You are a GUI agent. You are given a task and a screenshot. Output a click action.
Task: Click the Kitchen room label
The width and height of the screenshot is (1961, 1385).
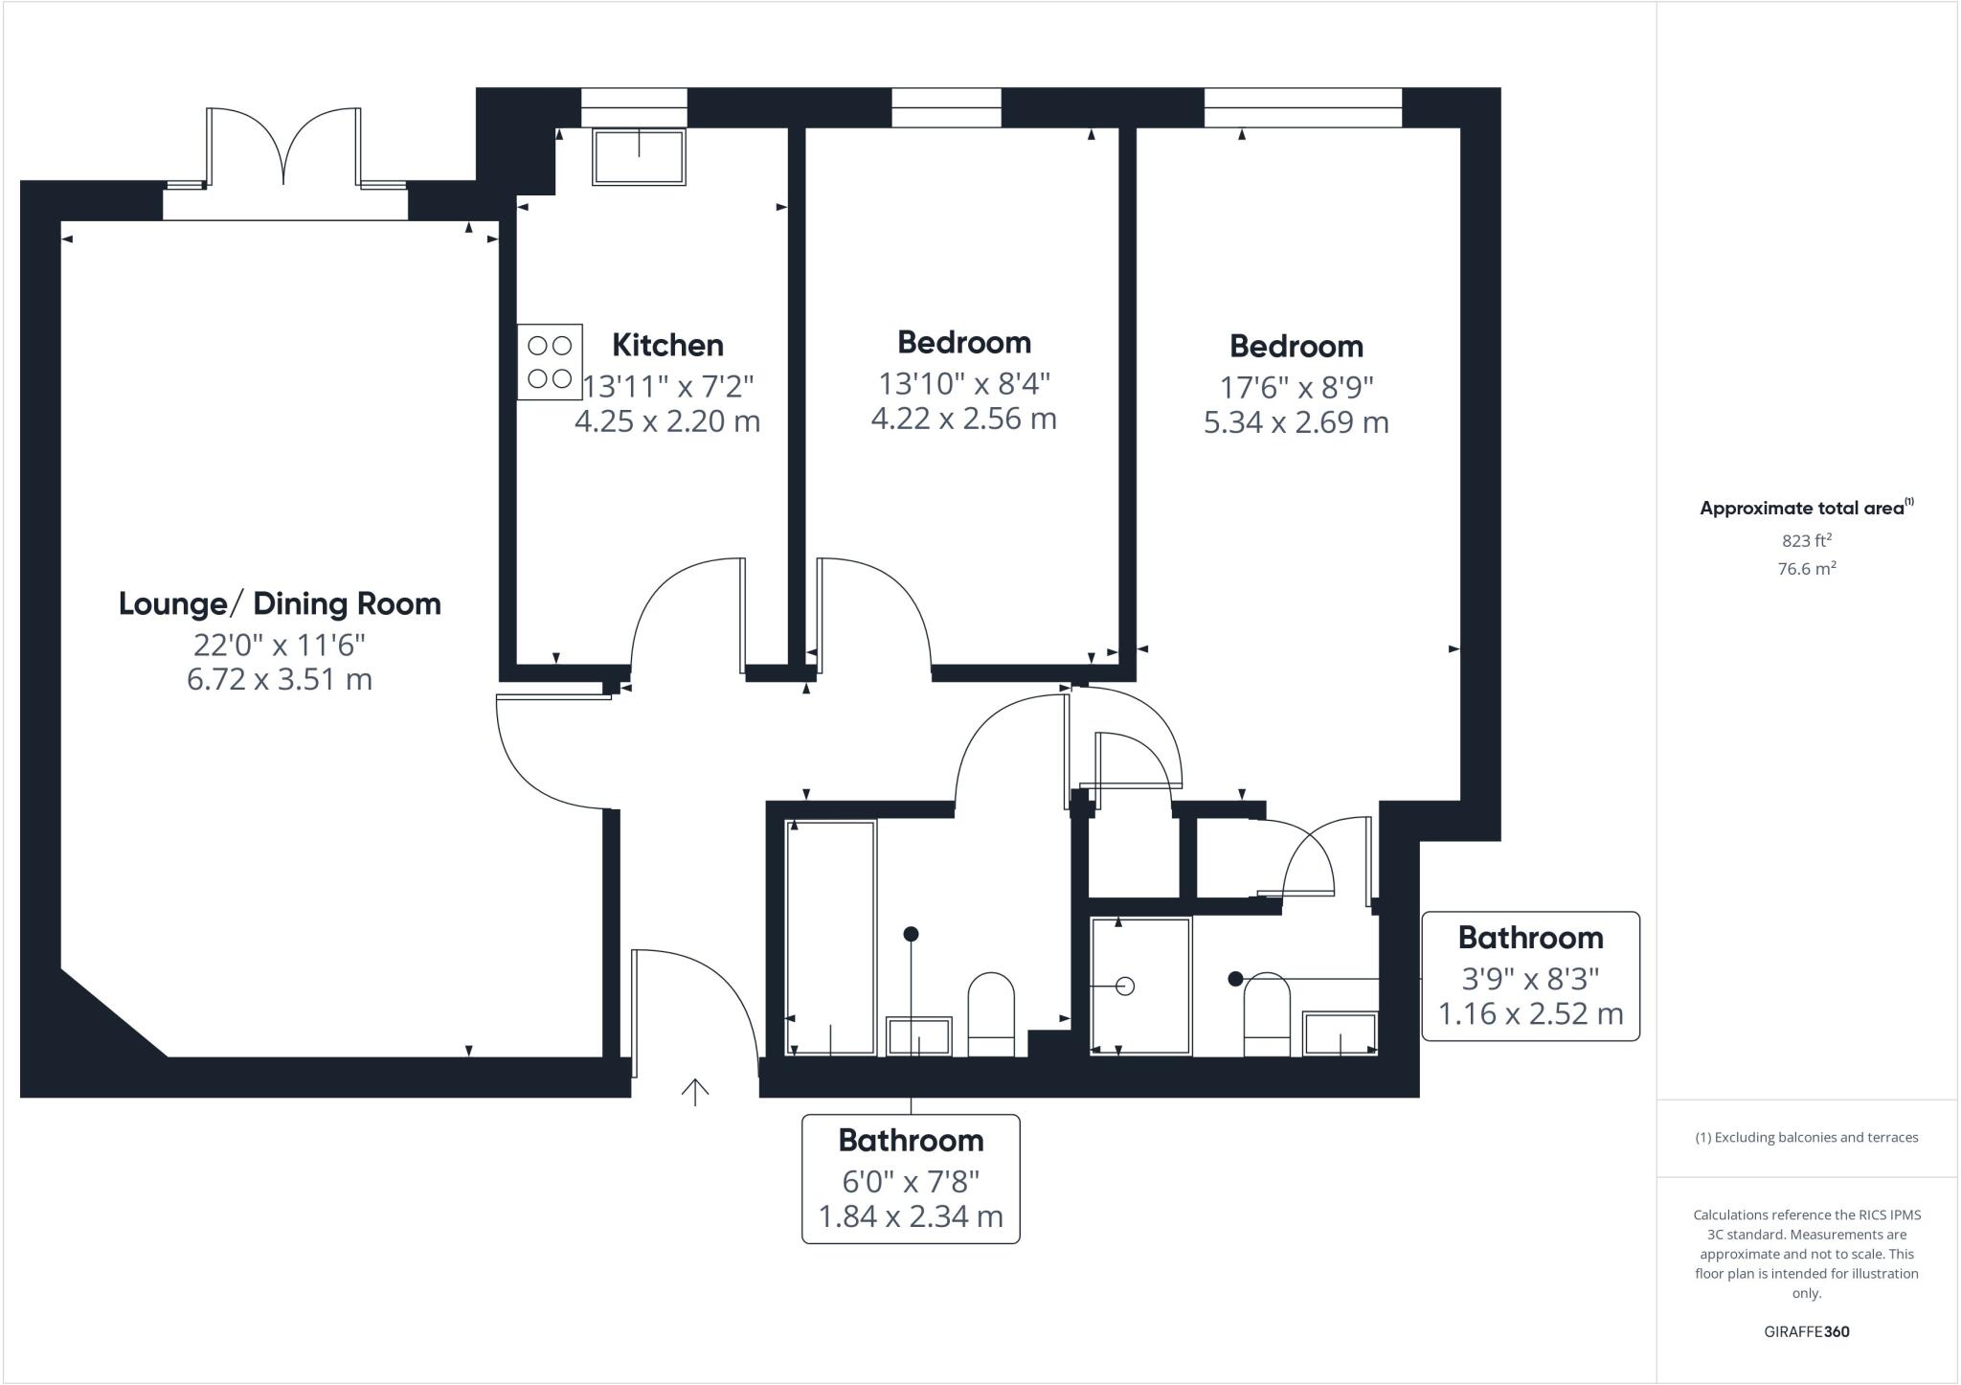click(667, 345)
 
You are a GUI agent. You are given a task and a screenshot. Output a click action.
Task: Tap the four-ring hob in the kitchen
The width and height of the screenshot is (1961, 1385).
click(550, 362)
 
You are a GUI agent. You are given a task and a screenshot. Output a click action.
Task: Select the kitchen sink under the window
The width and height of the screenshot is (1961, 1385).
click(639, 157)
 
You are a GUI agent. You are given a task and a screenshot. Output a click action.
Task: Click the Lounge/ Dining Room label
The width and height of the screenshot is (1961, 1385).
click(280, 604)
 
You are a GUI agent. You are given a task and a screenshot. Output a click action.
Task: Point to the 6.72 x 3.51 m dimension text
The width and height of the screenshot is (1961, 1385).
click(280, 680)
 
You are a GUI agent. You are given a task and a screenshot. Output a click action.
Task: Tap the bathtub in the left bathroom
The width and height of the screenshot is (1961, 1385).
click(830, 937)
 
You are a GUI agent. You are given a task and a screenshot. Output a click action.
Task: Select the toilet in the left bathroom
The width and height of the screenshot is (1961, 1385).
click(991, 1013)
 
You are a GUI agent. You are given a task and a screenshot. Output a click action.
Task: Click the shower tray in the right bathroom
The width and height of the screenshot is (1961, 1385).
click(1140, 986)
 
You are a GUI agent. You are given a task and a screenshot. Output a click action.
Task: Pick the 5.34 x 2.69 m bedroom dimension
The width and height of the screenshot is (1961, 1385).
click(1296, 422)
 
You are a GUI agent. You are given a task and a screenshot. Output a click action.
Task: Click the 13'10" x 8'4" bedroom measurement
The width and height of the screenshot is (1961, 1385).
click(964, 384)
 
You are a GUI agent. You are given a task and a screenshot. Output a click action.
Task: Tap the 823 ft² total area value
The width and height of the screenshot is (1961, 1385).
click(1807, 540)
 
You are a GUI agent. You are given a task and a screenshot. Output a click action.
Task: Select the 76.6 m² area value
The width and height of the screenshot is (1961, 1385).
click(1807, 569)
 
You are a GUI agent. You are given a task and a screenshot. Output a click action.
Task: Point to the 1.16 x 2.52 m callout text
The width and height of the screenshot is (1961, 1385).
click(1530, 1014)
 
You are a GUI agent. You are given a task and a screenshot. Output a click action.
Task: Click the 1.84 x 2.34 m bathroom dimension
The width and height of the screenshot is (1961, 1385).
click(910, 1217)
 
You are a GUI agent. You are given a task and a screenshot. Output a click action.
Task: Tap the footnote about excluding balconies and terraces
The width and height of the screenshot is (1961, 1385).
click(1806, 1138)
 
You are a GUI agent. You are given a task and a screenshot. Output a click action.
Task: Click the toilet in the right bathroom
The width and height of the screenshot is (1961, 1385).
click(1267, 1015)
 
